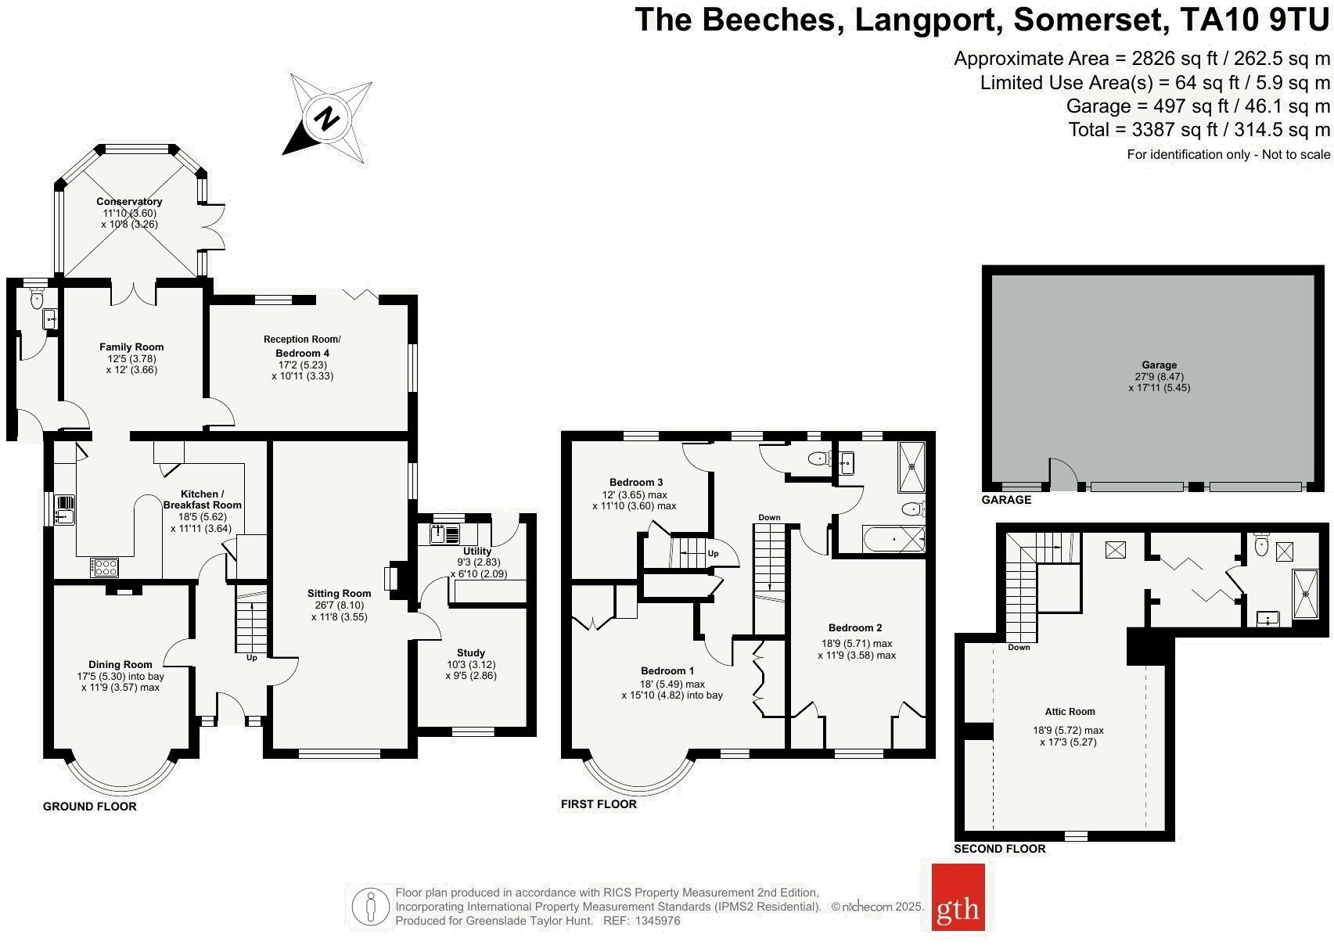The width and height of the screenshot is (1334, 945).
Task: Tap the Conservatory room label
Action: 129,202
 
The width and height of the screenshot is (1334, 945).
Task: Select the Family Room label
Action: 131,347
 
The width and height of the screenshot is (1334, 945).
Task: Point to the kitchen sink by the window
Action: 64,509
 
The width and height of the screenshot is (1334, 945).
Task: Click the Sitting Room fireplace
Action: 391,578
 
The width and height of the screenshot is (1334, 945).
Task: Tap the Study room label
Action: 471,652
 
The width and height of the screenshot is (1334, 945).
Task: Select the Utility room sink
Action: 444,534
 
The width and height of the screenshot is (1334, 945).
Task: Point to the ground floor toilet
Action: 35,298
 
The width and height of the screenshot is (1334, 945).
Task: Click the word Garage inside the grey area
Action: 1159,365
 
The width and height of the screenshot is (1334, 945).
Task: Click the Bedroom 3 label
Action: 636,482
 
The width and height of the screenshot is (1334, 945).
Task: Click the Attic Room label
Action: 1070,712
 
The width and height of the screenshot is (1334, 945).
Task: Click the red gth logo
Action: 958,907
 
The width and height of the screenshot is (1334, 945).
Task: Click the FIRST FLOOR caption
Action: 599,804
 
